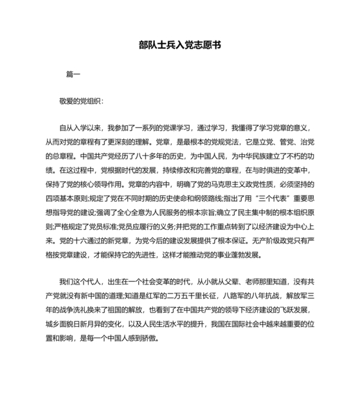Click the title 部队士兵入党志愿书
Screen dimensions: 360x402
point(180,46)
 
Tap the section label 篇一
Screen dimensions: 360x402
point(73,74)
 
